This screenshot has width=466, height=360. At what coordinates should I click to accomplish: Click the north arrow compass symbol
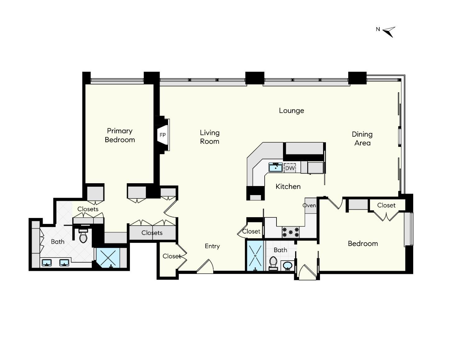point(389,31)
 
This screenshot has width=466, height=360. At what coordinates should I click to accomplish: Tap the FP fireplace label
point(162,135)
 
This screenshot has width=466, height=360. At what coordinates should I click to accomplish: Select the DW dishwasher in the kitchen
point(290,168)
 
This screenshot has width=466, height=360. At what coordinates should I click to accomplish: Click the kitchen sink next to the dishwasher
point(275,167)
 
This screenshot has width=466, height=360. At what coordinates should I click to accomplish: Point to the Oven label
point(309,205)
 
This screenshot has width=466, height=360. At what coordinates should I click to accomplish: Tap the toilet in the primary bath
point(83,236)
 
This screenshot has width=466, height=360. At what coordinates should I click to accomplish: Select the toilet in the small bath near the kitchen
point(273,263)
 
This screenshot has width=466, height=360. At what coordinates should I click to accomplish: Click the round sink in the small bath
point(288,266)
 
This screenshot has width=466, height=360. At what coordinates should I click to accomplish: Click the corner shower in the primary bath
point(108,258)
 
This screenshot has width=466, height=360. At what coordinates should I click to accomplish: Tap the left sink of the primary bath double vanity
point(47,263)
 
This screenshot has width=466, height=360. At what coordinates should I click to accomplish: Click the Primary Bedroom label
point(120,135)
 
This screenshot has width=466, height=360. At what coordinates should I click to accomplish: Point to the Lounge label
point(291,111)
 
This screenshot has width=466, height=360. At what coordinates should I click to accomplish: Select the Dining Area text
point(362,139)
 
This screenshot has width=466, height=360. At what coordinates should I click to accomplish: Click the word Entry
point(212,246)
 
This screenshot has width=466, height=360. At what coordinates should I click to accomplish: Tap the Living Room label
point(209,137)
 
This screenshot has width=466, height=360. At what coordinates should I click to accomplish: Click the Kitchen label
point(288,186)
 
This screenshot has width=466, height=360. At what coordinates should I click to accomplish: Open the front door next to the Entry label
point(205,267)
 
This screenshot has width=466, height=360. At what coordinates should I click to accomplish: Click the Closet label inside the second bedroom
point(386,205)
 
